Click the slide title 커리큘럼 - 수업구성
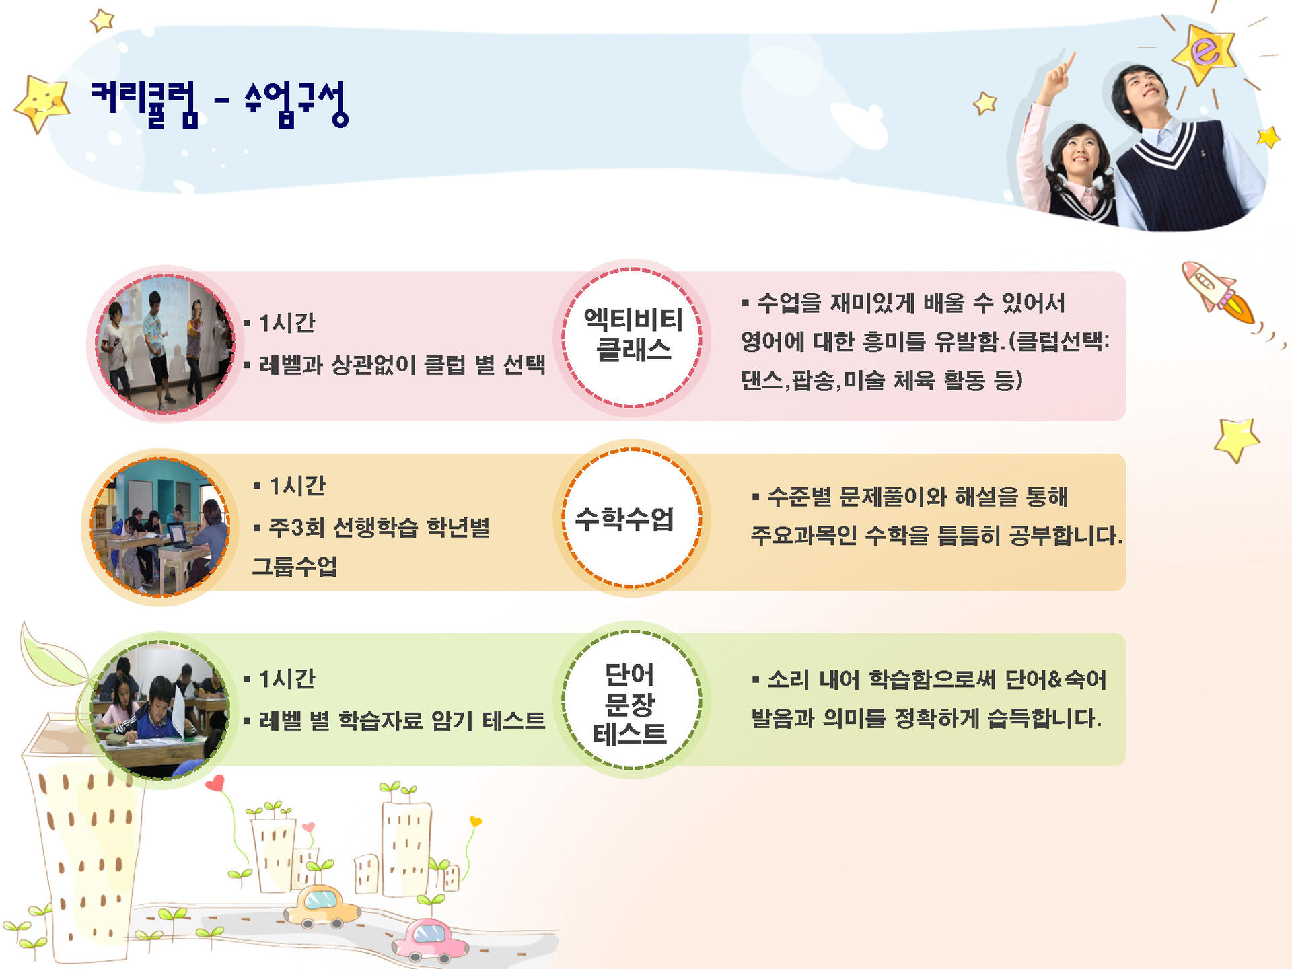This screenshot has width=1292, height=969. tap(219, 104)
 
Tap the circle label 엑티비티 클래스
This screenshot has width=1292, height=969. tap(633, 334)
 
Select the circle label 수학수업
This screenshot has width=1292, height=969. tap(624, 519)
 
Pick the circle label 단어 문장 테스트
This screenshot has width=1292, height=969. tap(630, 704)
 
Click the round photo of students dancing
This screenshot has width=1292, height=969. tap(165, 343)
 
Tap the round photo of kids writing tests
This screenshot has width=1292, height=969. tap(160, 710)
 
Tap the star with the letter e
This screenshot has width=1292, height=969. tap(1205, 52)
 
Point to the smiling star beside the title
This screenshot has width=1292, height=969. tap(42, 102)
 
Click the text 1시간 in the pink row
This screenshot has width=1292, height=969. tap(287, 324)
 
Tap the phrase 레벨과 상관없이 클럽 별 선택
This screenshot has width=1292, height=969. tap(402, 365)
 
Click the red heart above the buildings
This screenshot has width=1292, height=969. tap(215, 784)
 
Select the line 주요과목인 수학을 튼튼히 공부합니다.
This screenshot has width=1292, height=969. tap(937, 536)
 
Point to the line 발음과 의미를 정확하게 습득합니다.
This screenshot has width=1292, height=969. tap(926, 719)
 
